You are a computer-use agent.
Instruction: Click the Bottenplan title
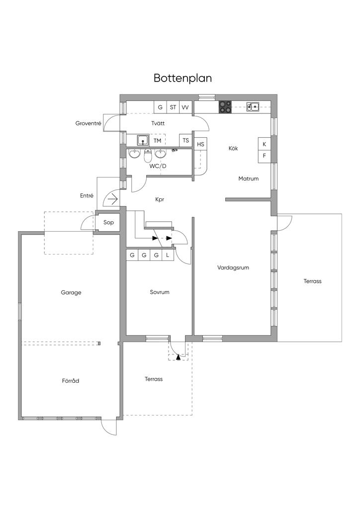183,78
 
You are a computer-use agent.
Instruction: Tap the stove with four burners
225,107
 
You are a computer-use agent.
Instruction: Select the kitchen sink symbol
253,106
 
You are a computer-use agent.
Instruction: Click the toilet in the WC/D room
148,156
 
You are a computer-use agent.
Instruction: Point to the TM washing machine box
157,141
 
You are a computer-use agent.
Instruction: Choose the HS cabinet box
200,144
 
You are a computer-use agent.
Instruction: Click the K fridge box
265,144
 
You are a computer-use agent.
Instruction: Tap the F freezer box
265,156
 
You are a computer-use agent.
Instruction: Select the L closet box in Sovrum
168,255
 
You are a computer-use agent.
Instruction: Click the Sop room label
108,222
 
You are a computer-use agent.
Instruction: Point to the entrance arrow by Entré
113,198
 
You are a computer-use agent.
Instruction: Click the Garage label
71,292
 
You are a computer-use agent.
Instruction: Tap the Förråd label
71,380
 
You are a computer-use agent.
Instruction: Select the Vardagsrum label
233,268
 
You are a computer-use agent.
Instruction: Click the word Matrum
248,178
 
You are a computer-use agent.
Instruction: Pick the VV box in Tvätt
185,107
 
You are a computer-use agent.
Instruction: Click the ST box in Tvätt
173,107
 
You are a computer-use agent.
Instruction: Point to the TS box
185,141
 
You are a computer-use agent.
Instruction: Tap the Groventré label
89,123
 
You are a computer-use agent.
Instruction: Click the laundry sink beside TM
143,140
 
